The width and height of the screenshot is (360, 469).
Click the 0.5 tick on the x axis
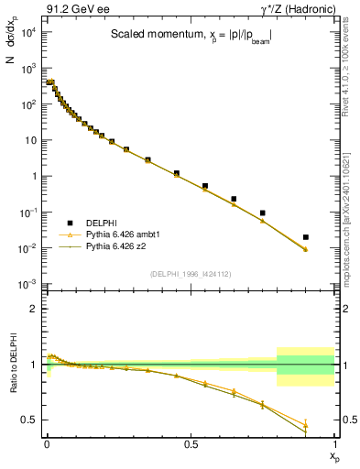[191, 445]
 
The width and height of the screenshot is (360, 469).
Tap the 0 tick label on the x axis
[47, 445]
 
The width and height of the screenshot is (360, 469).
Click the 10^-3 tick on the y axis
[29, 284]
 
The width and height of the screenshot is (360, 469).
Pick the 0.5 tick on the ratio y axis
[29, 420]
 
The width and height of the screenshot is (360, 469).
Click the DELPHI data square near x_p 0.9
[305, 237]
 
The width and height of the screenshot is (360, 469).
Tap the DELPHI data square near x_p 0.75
[263, 213]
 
